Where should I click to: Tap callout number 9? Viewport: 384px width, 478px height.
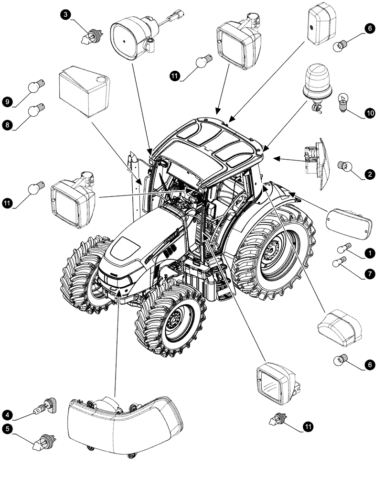tap(7, 102)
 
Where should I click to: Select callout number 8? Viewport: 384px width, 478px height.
tap(7, 125)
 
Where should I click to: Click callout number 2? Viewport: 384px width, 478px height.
tap(369, 175)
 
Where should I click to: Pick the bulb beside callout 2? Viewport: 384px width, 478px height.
tap(345, 166)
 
